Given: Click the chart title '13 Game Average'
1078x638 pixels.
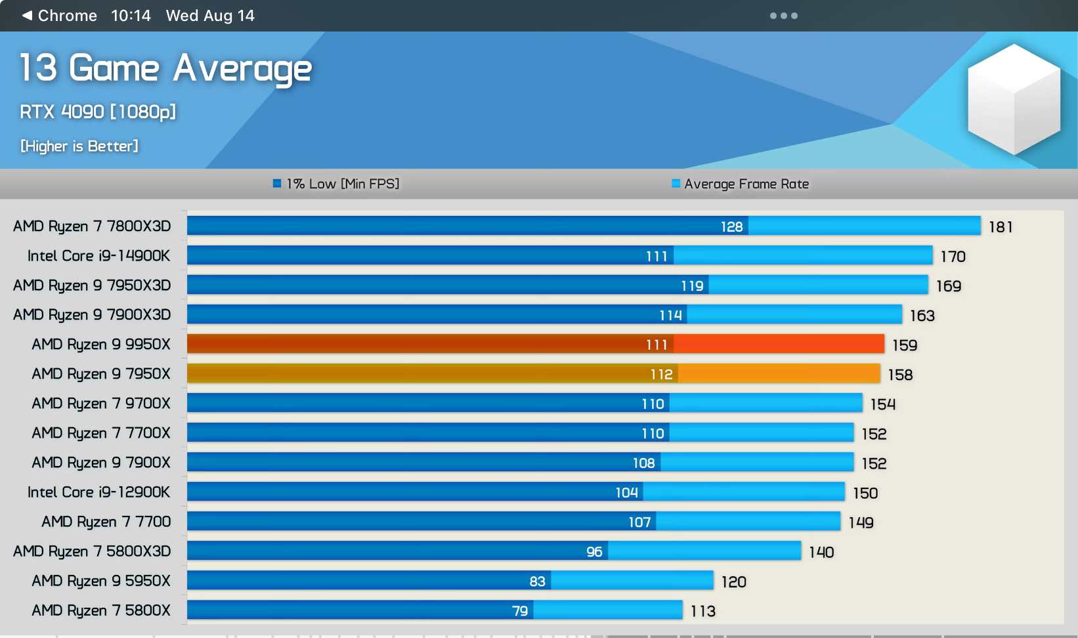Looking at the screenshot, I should (x=165, y=68).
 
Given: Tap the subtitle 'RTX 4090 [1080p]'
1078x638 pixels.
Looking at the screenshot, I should (x=98, y=112).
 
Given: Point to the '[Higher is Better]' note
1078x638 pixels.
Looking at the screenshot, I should (x=79, y=146).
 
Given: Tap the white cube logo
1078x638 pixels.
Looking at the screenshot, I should (x=1014, y=99).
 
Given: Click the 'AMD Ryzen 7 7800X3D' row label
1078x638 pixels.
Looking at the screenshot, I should (x=92, y=226).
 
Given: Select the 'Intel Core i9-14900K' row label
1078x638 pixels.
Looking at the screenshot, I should (x=98, y=256).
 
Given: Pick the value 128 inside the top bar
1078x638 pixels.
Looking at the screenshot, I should (x=731, y=226).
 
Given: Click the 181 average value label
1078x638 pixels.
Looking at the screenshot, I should (x=1001, y=227).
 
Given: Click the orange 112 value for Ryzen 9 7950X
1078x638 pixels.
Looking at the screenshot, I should (x=661, y=374).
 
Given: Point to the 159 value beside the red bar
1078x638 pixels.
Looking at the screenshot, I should (x=905, y=345).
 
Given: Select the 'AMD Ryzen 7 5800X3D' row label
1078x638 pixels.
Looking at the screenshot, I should (x=92, y=551).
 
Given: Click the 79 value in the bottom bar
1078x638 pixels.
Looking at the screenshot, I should (x=519, y=611).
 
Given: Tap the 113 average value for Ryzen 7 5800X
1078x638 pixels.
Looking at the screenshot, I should (x=702, y=612).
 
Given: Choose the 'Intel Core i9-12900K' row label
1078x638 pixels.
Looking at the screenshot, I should (x=98, y=492).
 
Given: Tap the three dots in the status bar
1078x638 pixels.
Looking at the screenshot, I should (x=783, y=16).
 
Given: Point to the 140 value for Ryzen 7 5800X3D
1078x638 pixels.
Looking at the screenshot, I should (x=821, y=553).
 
